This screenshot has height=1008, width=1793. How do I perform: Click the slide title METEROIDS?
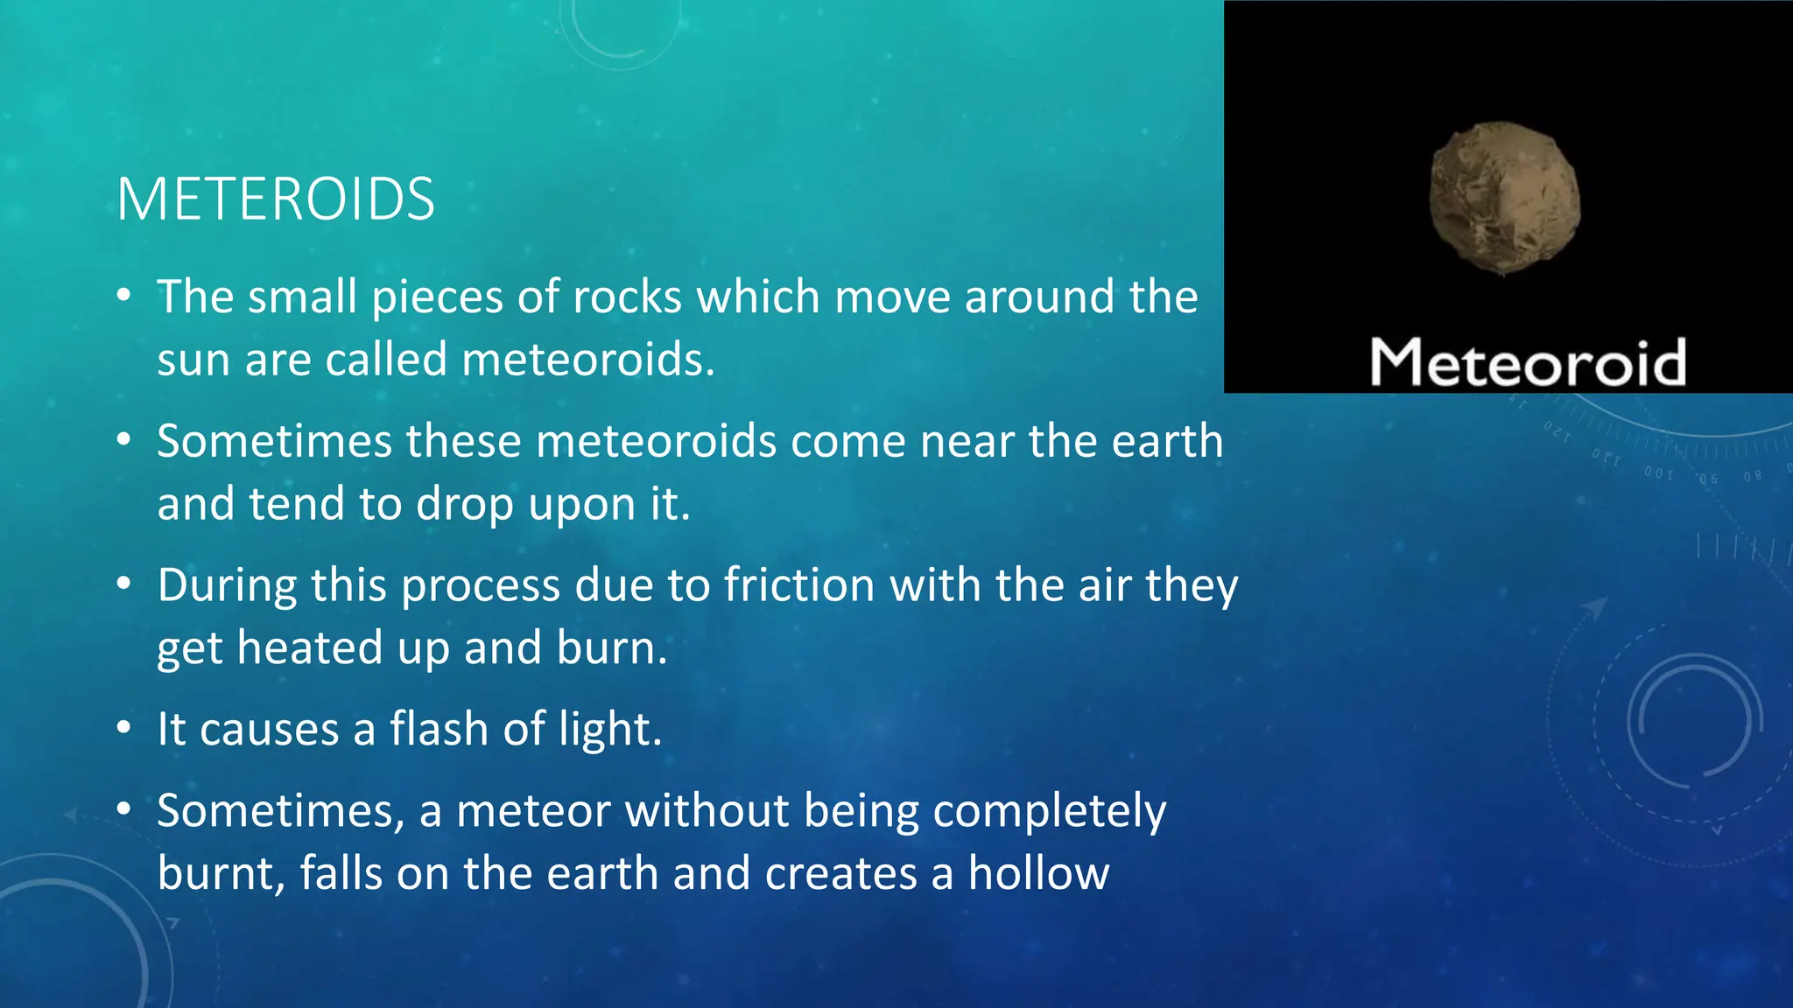[276, 199]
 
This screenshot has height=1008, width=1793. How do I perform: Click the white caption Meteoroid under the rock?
[1528, 362]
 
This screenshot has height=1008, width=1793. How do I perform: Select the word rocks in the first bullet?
[627, 297]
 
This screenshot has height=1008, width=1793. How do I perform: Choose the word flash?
[439, 729]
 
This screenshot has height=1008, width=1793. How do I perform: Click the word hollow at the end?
[1038, 873]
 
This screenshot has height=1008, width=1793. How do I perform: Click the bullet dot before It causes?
[124, 727]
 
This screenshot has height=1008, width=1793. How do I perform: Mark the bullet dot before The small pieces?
[124, 295]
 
